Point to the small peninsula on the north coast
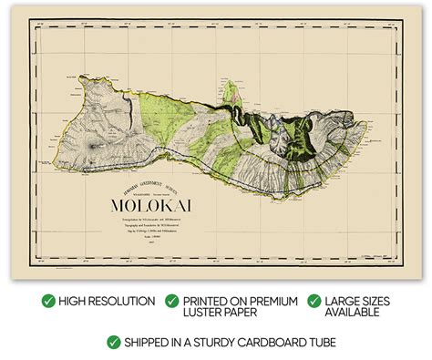click(x=231, y=88)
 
